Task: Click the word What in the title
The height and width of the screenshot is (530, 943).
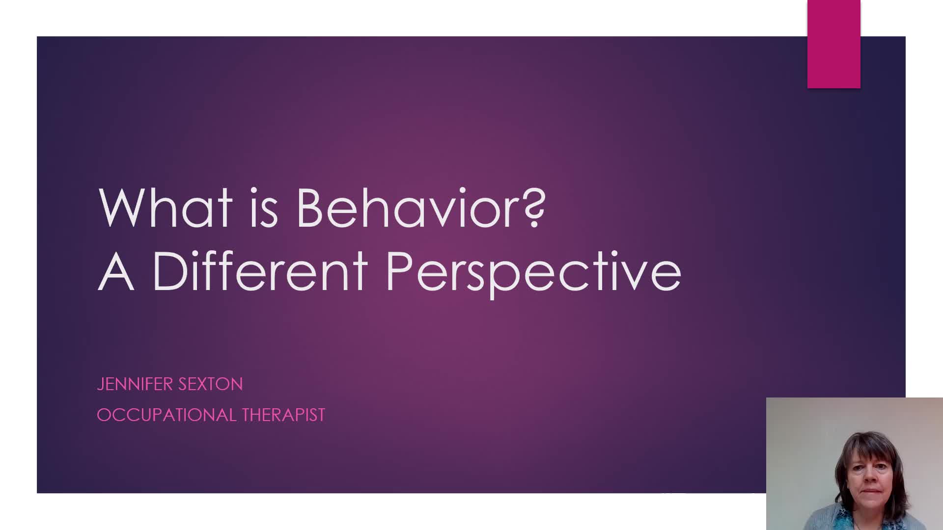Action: [166, 208]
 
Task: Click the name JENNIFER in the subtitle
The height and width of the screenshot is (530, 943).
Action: [135, 384]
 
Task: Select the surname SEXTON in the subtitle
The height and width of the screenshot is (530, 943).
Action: [211, 384]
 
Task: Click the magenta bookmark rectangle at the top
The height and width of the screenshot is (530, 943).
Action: [833, 44]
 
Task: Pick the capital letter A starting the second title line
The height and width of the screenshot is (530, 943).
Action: [116, 271]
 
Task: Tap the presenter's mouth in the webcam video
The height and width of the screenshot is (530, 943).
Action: [871, 491]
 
